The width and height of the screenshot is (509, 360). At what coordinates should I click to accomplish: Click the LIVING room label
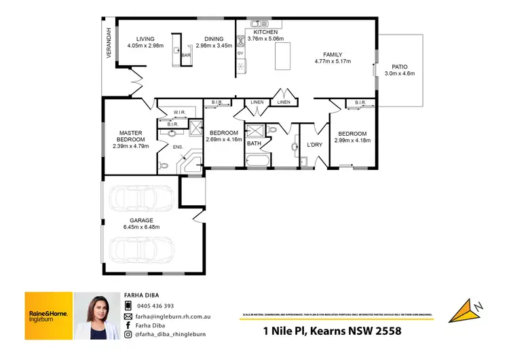[145, 39]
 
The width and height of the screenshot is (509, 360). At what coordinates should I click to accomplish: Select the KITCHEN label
[265, 32]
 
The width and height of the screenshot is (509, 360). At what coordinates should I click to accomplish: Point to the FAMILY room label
[333, 55]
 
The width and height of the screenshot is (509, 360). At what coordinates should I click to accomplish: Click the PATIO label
[398, 67]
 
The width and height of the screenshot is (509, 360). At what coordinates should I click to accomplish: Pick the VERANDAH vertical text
[108, 44]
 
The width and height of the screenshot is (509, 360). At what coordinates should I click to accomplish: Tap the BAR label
[185, 54]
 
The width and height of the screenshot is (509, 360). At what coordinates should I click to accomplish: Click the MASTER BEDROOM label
[129, 137]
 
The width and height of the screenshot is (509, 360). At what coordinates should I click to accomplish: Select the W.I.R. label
[179, 112]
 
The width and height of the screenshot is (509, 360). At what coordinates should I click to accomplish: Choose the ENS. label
[178, 147]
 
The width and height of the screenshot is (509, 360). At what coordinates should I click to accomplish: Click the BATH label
[254, 143]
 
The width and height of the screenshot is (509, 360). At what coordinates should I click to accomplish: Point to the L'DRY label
[314, 145]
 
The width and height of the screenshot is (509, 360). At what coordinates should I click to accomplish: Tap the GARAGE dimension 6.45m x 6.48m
[143, 227]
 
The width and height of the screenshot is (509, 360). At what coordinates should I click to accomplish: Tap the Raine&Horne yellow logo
[48, 315]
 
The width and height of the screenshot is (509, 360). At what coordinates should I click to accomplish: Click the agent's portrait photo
[96, 316]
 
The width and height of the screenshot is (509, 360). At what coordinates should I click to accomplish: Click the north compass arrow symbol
[467, 309]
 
